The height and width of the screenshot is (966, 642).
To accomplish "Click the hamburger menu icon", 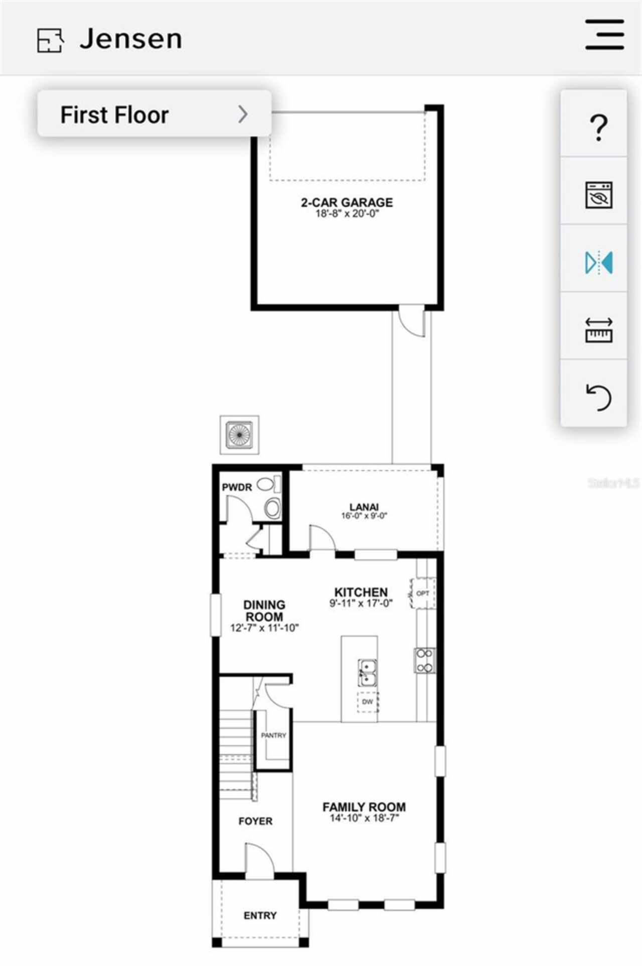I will [x=604, y=35].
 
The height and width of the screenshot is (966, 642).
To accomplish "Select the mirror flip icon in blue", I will [x=598, y=262].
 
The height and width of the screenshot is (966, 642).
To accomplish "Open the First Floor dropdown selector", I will [x=154, y=114].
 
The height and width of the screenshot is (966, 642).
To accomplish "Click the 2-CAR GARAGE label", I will [x=347, y=203].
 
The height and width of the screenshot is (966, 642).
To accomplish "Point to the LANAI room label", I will [x=364, y=507].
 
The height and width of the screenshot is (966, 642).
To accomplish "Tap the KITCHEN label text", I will [x=361, y=592].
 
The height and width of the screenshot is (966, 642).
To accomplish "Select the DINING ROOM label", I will [x=264, y=611].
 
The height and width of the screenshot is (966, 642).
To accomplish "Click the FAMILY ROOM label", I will [x=364, y=807].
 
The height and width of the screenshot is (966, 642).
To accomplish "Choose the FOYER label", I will [x=255, y=821].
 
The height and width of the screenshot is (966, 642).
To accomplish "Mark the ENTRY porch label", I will [x=260, y=915].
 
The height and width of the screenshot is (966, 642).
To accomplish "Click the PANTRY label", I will [x=273, y=735].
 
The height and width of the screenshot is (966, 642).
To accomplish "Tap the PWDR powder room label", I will [x=237, y=487].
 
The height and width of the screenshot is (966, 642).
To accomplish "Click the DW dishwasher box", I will [x=368, y=701].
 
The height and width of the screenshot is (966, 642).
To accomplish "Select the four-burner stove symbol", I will [x=424, y=660].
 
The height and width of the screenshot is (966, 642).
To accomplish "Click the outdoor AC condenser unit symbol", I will [x=240, y=434].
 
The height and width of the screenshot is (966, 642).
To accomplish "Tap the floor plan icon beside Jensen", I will [x=50, y=40].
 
